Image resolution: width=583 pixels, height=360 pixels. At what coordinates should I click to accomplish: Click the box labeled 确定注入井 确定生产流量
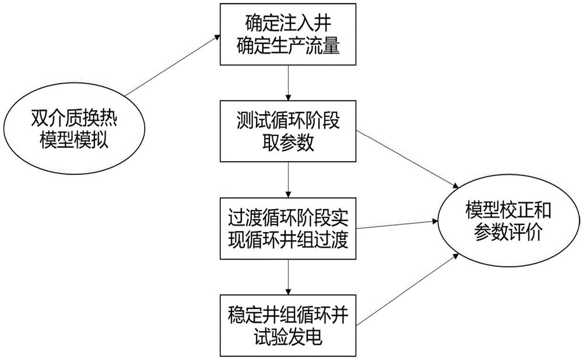(288, 34)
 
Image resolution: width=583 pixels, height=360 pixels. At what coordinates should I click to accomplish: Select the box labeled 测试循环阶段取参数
(288, 131)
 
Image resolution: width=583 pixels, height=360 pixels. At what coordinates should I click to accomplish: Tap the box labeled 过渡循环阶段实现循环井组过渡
(288, 228)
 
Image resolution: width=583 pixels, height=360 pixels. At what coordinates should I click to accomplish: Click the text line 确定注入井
(288, 25)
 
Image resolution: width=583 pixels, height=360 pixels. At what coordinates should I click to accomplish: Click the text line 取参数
(288, 142)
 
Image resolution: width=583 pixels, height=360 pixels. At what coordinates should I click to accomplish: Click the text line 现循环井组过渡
(288, 239)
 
